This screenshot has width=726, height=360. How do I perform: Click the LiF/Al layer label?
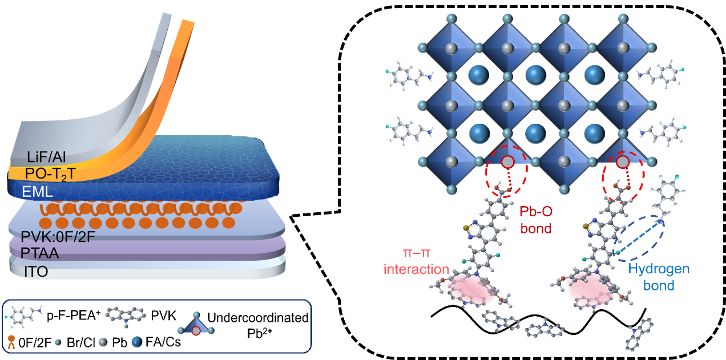[46, 157]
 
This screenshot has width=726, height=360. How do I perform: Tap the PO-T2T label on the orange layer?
[50, 175]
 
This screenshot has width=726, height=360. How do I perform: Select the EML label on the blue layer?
[37, 192]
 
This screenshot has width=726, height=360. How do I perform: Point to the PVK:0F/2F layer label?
[58, 237]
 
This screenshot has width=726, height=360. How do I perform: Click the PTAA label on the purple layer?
[40, 253]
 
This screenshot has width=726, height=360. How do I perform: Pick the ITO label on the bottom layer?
[36, 272]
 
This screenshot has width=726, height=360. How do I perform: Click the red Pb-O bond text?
[536, 220]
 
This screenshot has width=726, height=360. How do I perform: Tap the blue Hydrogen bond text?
[659, 277]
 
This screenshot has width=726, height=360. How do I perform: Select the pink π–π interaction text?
[416, 261]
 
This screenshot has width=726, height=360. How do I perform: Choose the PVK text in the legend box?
[163, 315]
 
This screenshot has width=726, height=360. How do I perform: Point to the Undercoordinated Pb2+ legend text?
[257, 325]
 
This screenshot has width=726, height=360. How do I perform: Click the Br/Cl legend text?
[80, 342]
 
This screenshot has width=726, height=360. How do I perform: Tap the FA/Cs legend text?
[163, 342]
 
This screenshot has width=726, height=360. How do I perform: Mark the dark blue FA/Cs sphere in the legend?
[137, 342]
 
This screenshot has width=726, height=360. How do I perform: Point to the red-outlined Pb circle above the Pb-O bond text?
[507, 161]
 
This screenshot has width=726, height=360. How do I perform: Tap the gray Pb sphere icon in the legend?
[103, 342]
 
